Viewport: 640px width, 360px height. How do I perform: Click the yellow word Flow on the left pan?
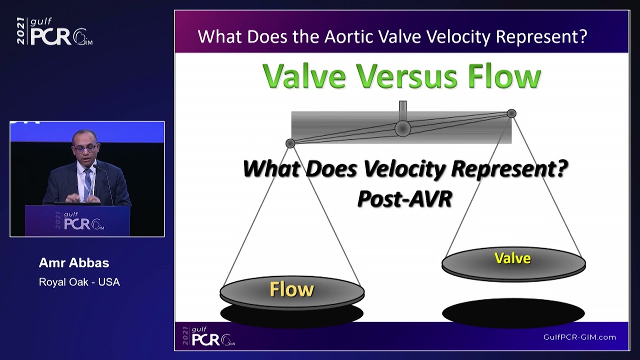(x=291, y=289)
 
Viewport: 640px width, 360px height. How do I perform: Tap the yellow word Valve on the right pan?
(x=512, y=258)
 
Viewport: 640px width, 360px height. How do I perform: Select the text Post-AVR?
(x=404, y=198)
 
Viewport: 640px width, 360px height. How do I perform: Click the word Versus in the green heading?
(x=406, y=76)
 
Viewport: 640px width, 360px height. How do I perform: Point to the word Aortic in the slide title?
(x=349, y=36)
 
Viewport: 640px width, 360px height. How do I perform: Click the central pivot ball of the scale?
(x=402, y=128)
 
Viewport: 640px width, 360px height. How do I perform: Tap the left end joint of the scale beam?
(x=290, y=143)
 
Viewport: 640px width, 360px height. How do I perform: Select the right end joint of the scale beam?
(x=511, y=113)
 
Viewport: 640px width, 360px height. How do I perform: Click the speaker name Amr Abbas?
(x=74, y=263)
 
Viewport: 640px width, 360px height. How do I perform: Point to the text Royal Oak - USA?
(x=79, y=282)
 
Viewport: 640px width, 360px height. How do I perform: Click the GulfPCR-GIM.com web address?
(x=579, y=337)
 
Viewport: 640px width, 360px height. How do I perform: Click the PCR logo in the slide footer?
(x=208, y=336)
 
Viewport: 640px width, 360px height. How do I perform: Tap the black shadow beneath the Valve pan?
(x=513, y=313)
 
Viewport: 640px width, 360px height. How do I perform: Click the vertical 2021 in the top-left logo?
(x=20, y=31)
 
